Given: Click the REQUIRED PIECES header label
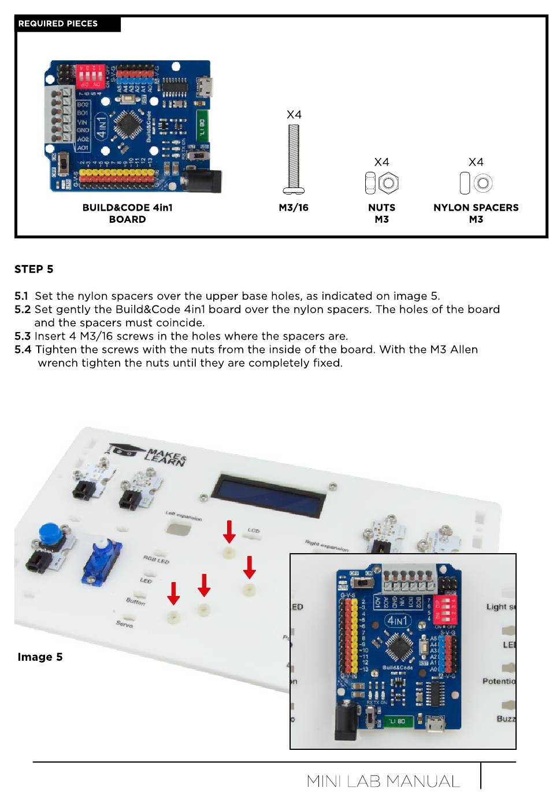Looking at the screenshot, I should tap(58, 24).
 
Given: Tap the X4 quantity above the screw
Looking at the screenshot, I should tap(294, 115).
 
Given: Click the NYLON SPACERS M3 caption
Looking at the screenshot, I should tap(476, 213).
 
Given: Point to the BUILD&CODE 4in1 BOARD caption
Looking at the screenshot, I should tap(127, 213).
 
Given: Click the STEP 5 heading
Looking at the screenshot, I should tap(34, 269).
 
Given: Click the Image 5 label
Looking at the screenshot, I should tap(40, 657).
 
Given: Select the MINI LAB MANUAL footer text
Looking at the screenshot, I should tap(383, 782).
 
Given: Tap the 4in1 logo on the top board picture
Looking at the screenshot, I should tap(102, 127).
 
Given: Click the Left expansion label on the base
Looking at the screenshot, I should tap(184, 516).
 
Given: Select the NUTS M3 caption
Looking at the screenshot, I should tap(381, 213).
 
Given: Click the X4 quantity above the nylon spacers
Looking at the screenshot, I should tap(476, 162).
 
